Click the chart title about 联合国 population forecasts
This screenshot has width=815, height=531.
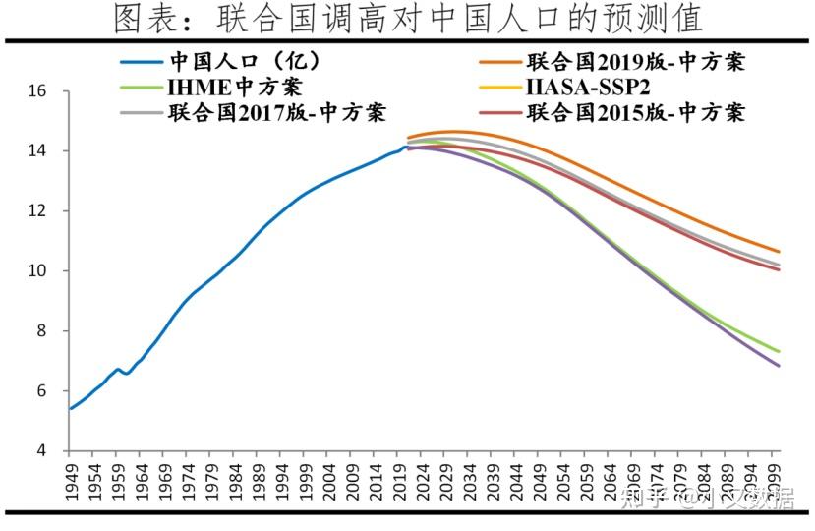click(x=408, y=18)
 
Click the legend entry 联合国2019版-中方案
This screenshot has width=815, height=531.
click(x=635, y=63)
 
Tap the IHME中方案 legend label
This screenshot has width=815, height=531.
click(x=235, y=87)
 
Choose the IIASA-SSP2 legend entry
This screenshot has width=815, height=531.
click(x=588, y=88)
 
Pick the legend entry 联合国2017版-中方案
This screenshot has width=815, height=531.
click(x=276, y=112)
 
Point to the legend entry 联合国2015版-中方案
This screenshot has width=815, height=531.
click(x=635, y=112)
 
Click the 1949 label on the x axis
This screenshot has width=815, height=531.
click(x=71, y=482)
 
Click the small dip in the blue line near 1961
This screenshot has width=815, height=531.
click(x=126, y=373)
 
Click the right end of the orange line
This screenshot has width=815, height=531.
click(x=780, y=252)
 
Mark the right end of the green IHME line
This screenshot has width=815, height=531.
click(x=780, y=351)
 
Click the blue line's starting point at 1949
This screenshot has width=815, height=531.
click(x=69, y=408)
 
